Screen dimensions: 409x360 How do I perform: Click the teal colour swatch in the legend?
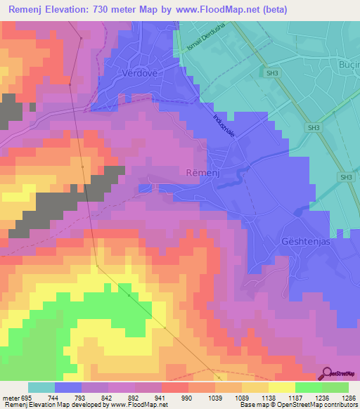click(41, 387)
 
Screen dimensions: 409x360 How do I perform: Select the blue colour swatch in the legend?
click(68, 387)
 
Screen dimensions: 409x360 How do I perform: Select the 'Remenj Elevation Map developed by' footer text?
click(49, 405)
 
